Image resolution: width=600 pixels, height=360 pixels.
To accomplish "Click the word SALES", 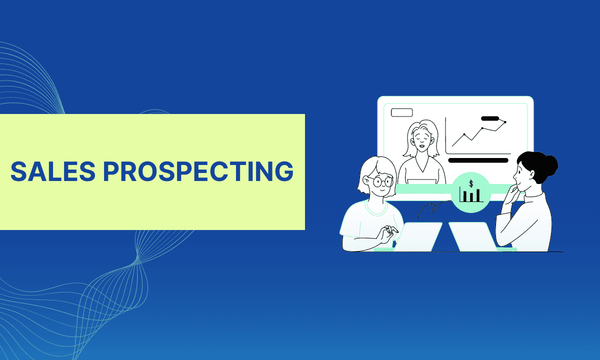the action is click(53, 171).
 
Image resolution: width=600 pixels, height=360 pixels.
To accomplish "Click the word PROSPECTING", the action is click(198, 171).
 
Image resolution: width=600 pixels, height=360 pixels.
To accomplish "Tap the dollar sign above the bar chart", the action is click(471, 183).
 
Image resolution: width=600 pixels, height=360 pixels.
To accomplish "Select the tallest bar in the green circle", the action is click(478, 195).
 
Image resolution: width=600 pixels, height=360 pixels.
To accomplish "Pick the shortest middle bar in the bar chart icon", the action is click(471, 197).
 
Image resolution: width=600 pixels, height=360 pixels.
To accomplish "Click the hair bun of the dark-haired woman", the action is click(551, 165).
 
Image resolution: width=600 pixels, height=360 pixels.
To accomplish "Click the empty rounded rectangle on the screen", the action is click(402, 112).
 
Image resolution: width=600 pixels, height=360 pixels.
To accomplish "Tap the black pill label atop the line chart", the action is click(490, 118).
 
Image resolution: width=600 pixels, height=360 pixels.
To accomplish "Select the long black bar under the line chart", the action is click(478, 160).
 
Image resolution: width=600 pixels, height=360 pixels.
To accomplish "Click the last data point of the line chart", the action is click(505, 122).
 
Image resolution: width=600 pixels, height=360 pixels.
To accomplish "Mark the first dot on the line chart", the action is click(464, 134).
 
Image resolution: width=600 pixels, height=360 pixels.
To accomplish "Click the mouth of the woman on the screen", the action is click(422, 146).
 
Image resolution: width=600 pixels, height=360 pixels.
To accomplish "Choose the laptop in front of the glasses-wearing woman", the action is click(417, 237).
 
